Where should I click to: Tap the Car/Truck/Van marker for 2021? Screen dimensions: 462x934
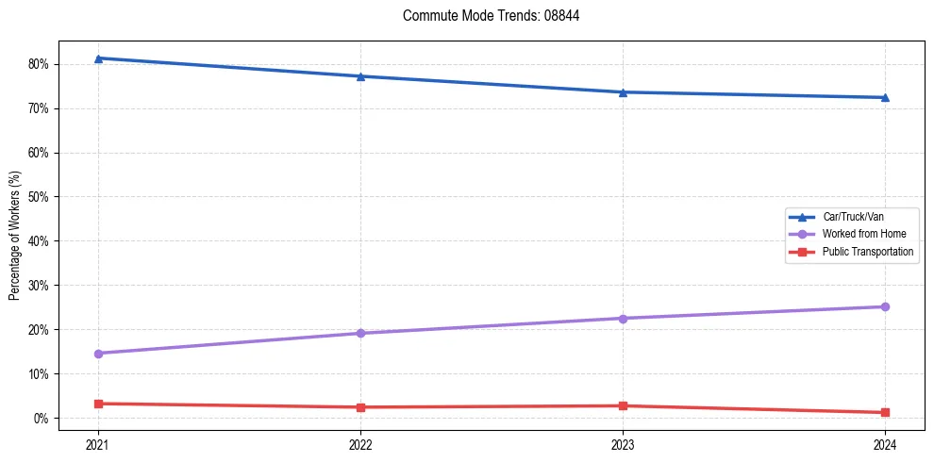[98, 58]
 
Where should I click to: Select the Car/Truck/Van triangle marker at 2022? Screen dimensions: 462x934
[360, 76]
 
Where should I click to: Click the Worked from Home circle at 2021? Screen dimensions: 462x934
[98, 354]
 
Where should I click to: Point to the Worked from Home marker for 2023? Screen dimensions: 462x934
[623, 318]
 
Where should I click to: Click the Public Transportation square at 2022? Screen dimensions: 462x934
[360, 407]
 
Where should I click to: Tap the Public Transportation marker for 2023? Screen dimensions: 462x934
[623, 405]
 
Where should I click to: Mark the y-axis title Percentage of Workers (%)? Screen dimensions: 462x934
[14, 236]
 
